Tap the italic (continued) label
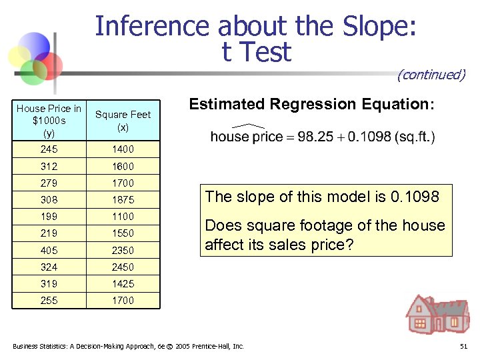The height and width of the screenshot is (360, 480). [431, 74]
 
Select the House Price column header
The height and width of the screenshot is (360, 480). [49, 120]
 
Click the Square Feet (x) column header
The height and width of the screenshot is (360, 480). [123, 120]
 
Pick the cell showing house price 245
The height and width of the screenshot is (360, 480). [49, 149]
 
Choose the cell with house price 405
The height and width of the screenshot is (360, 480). [49, 250]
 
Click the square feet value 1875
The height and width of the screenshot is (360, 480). [123, 199]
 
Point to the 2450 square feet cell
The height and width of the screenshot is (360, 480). [123, 267]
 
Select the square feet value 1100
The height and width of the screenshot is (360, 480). [123, 216]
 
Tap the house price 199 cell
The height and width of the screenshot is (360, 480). [49, 216]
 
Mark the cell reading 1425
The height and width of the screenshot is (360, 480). [123, 283]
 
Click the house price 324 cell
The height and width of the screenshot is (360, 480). [49, 267]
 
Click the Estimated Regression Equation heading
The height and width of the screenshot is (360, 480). [311, 104]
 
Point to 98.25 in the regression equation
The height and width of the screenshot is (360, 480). [315, 137]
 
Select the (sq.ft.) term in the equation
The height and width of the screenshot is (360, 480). [414, 137]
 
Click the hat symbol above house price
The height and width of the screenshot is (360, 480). [247, 126]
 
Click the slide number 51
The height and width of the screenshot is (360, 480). [463, 347]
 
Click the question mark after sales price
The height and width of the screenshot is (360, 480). [349, 245]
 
